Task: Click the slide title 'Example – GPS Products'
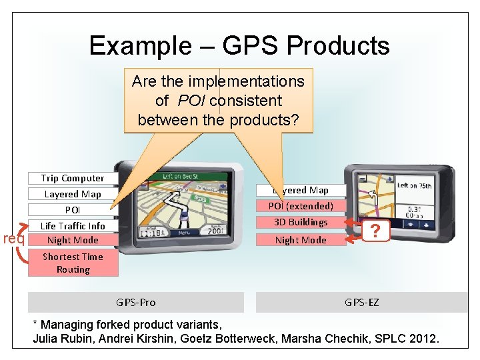[239, 45]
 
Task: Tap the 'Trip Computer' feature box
[73, 178]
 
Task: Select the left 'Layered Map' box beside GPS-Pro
[73, 194]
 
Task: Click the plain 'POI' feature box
[73, 210]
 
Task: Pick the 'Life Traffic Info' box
[73, 226]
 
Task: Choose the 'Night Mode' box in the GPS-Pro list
[73, 240]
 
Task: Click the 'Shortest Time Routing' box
[73, 263]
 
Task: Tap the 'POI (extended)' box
[301, 206]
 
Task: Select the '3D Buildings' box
[301, 222]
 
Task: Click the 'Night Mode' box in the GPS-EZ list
[301, 240]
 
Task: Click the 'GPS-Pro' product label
[135, 302]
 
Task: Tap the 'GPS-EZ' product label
[362, 302]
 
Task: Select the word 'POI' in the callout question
[190, 101]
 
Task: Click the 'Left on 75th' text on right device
[415, 186]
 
